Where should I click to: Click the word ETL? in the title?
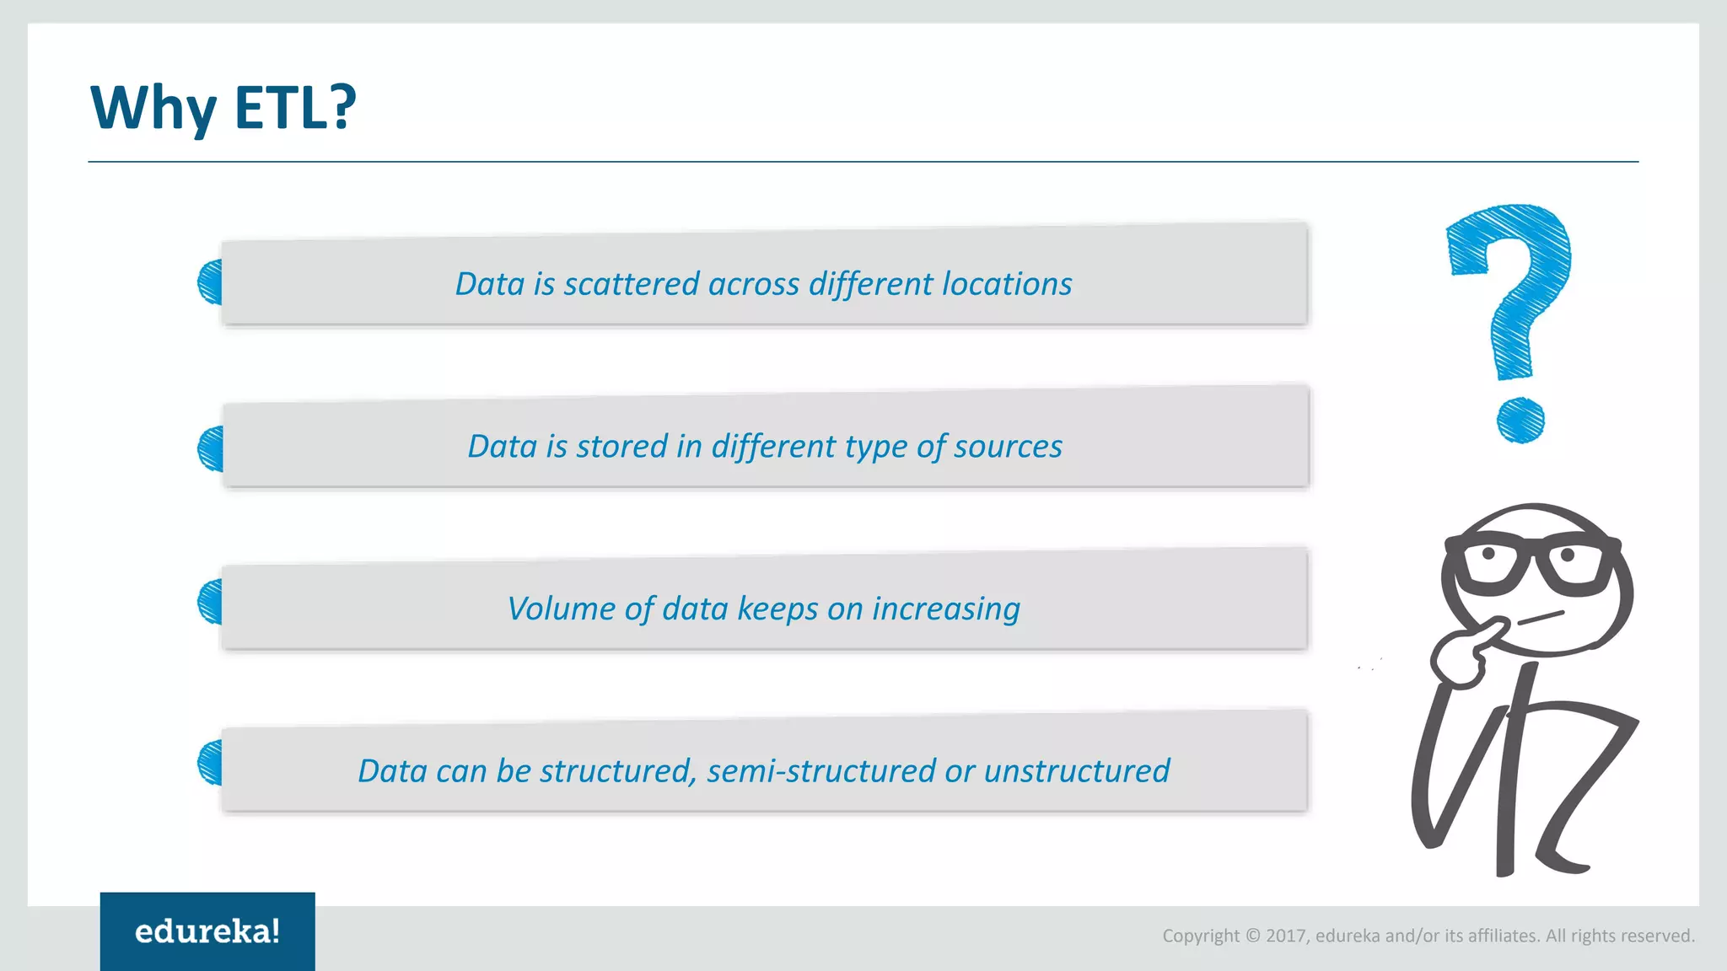click(x=294, y=108)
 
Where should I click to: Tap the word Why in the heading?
click(x=153, y=108)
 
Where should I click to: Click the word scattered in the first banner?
click(x=632, y=284)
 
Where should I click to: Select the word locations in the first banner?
click(x=1007, y=284)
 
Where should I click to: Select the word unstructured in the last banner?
click(x=1077, y=771)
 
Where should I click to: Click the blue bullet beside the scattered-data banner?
click(x=211, y=282)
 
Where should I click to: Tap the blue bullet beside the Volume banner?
click(x=211, y=602)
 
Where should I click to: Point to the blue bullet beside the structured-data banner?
click(x=211, y=763)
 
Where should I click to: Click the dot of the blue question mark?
click(x=1520, y=420)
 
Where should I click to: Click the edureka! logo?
click(x=207, y=931)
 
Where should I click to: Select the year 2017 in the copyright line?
click(x=1285, y=936)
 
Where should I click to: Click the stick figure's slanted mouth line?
click(x=1541, y=618)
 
